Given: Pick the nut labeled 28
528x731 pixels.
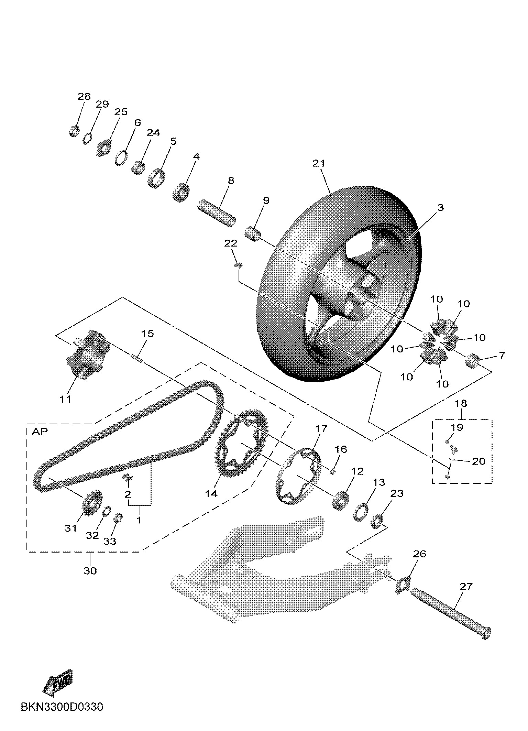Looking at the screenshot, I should click(74, 131).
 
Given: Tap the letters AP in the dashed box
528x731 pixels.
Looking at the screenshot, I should click(40, 432).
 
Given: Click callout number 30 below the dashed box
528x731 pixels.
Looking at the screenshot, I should click(90, 570).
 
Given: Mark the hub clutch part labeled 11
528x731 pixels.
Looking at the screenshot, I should click(86, 358).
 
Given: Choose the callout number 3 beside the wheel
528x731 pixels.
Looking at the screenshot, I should click(440, 208).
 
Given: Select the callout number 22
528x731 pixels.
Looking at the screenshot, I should click(231, 243).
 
